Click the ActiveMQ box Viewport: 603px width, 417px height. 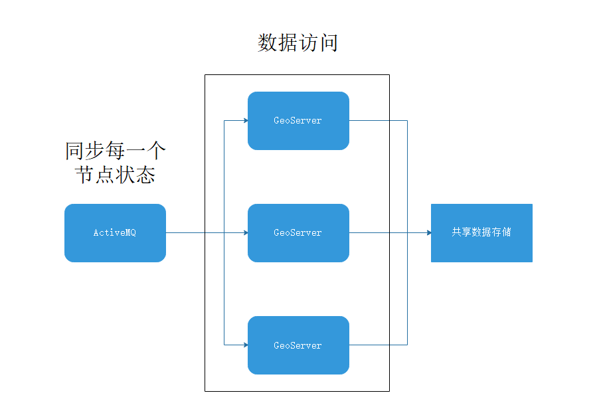[x=115, y=233]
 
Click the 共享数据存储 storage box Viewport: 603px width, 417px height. [x=481, y=233]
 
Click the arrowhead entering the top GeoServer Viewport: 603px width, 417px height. [x=245, y=121]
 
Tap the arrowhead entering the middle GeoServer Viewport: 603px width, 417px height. [x=245, y=233]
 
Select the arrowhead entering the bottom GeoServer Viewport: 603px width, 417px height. [x=245, y=345]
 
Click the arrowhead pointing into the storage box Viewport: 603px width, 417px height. [x=428, y=233]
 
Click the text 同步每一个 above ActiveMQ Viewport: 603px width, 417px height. [x=116, y=151]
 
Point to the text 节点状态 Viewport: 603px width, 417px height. [x=116, y=175]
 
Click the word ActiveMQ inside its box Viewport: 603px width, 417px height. [x=115, y=233]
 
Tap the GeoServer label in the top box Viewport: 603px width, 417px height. [x=298, y=121]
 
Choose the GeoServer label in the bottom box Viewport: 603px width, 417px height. [x=298, y=346]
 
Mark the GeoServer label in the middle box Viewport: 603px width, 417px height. [x=298, y=233]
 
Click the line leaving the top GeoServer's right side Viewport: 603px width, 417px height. [x=379, y=121]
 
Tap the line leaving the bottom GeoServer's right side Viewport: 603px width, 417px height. [x=379, y=345]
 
